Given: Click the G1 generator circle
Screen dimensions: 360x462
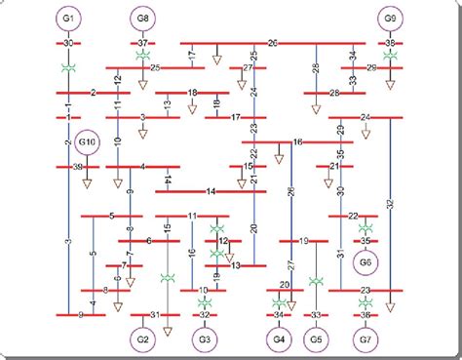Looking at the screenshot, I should [68, 19].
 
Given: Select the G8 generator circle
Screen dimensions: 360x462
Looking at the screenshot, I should [143, 19].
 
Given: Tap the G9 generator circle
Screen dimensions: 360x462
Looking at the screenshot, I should [390, 19].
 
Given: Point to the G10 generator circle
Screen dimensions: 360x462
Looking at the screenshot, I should [87, 142].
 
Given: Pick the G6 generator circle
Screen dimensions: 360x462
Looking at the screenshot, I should [366, 261].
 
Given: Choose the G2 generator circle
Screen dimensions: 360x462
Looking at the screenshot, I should [143, 340].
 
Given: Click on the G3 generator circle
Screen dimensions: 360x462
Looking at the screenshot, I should [205, 340].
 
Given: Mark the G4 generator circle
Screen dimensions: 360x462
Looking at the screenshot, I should [279, 340].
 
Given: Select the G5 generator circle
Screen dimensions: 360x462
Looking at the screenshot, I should [316, 340].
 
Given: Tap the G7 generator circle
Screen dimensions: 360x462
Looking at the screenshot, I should [366, 340].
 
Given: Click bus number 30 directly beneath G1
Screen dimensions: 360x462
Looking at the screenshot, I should [68, 44].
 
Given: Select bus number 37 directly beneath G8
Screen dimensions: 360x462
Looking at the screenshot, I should [143, 44].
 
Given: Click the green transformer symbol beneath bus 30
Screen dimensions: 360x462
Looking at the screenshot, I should [68, 66].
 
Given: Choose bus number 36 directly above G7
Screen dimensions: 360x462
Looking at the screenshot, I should [366, 315].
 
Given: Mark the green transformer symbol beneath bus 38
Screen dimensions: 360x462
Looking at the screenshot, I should [390, 57].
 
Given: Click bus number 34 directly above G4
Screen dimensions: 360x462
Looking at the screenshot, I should [279, 315].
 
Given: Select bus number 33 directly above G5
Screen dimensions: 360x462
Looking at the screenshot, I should [316, 315].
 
